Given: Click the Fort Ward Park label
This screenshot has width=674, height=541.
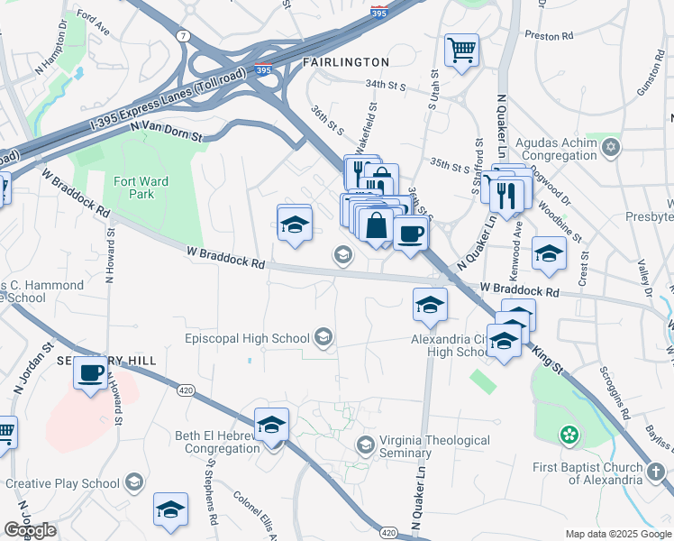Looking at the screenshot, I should tap(141, 188).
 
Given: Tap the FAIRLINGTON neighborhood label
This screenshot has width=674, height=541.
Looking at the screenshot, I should tap(346, 62).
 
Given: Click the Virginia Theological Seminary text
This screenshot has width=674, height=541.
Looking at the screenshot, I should tap(434, 447).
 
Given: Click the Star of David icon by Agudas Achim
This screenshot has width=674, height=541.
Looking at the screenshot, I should tap(611, 145).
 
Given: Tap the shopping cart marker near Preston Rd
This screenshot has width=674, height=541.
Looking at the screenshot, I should tap(461, 50).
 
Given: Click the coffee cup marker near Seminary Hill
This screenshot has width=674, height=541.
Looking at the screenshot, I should tap(90, 373).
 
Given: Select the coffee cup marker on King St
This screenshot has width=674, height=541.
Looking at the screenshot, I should tap(411, 234).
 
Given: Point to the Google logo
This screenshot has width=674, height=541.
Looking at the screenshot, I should tap(30, 530).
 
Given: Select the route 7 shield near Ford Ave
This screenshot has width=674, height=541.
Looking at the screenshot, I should tap(184, 36).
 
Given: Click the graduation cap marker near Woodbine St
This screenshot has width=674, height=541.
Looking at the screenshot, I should tap(548, 253).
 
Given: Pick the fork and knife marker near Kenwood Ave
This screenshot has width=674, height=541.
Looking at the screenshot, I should tap(506, 193).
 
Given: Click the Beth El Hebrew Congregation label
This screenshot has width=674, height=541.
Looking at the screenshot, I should tap(218, 444).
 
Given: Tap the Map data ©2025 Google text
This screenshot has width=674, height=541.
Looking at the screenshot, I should tap(617, 534).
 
